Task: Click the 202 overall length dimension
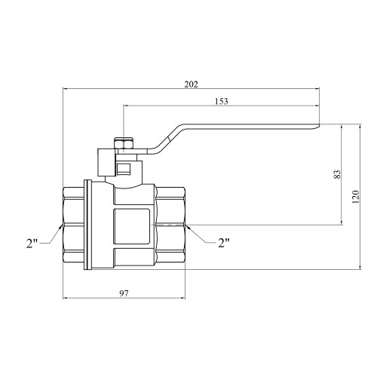click(192, 84)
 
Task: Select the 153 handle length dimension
click(222, 101)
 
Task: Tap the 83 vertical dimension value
click(337, 174)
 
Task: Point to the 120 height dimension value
click(356, 197)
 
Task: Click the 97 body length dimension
click(124, 293)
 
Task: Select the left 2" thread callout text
click(32, 244)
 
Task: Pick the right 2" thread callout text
click(224, 243)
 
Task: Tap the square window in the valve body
click(132, 227)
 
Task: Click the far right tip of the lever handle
click(319, 126)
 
